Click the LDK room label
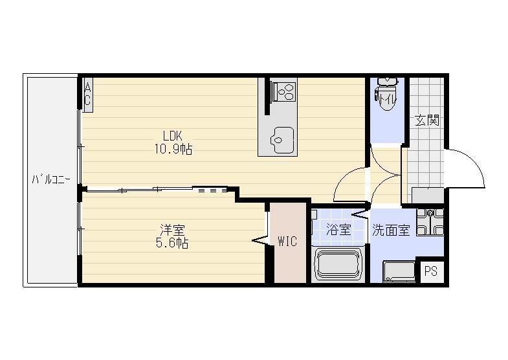pyautogui.click(x=172, y=135)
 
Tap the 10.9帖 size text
pyautogui.click(x=173, y=150)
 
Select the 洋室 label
pyautogui.click(x=172, y=230)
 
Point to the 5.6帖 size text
pyautogui.click(x=172, y=243)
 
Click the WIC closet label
pyautogui.click(x=287, y=242)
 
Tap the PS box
pyautogui.click(x=430, y=271)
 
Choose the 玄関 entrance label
pyautogui.click(x=427, y=120)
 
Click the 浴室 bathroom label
pyautogui.click(x=338, y=230)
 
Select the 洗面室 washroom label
pyautogui.click(x=391, y=230)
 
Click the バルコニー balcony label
pyautogui.click(x=51, y=179)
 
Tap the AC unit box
pyautogui.click(x=87, y=95)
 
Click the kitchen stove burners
pyautogui.click(x=285, y=91)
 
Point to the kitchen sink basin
pyautogui.click(x=282, y=140)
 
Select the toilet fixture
pyautogui.click(x=386, y=93)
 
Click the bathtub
pyautogui.click(x=339, y=264)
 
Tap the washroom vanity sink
pyautogui.click(x=430, y=221)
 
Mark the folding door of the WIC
pyautogui.click(x=261, y=241)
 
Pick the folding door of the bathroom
pyautogui.click(x=361, y=214)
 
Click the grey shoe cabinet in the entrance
pyautogui.click(x=428, y=196)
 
